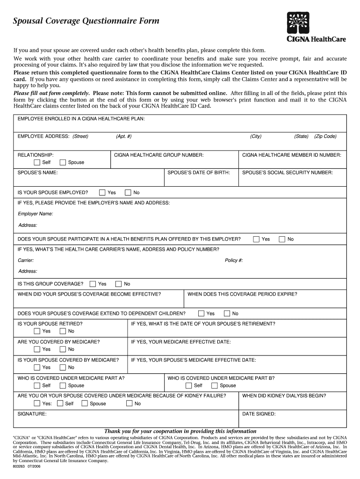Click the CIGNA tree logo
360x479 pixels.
pyautogui.click(x=301, y=22)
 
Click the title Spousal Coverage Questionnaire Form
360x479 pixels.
pyautogui.click(x=86, y=21)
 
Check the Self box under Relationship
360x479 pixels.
pyautogui.click(x=37, y=162)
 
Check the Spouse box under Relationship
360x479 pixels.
pyautogui.click(x=63, y=162)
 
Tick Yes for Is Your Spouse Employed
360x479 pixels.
pyautogui.click(x=102, y=192)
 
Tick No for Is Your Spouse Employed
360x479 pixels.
pyautogui.click(x=128, y=192)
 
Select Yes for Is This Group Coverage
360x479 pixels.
pyautogui.click(x=93, y=284)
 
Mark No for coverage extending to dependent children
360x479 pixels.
pyautogui.click(x=227, y=313)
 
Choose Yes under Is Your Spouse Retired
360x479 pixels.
pyautogui.click(x=37, y=331)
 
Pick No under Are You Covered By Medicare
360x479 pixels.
pyautogui.click(x=63, y=349)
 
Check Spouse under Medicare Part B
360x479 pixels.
pyautogui.click(x=215, y=385)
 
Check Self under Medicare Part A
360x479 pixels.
pyautogui.click(x=37, y=385)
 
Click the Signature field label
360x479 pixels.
pyautogui.click(x=32, y=414)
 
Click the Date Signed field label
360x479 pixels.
pyautogui.click(x=259, y=414)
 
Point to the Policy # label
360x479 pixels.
pyautogui.click(x=234, y=261)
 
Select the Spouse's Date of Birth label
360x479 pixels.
pyautogui.click(x=199, y=173)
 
